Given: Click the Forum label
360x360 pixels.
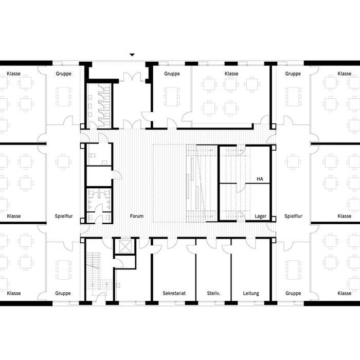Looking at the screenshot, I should [137, 217].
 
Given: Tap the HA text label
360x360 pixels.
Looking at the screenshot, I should [260, 179].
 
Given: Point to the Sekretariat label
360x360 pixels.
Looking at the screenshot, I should [174, 294].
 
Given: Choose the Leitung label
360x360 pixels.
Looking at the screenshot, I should [251, 294].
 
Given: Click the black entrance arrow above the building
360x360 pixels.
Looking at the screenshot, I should [132, 54].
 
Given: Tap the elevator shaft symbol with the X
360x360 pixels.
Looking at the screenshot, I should [125, 246].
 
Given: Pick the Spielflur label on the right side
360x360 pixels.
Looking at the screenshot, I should [293, 217].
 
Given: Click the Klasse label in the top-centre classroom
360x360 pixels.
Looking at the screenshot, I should [231, 74].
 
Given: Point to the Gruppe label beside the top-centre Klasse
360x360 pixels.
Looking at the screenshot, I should [172, 74].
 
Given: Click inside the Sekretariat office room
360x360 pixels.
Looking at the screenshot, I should [173, 273].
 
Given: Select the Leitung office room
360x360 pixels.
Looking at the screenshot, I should [251, 273].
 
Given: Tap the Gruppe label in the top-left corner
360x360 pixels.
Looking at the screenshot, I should [63, 74].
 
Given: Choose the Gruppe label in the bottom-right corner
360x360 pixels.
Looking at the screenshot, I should [293, 294].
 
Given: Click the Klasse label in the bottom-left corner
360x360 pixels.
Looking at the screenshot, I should [14, 294].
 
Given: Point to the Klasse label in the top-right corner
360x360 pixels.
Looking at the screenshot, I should [345, 74].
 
